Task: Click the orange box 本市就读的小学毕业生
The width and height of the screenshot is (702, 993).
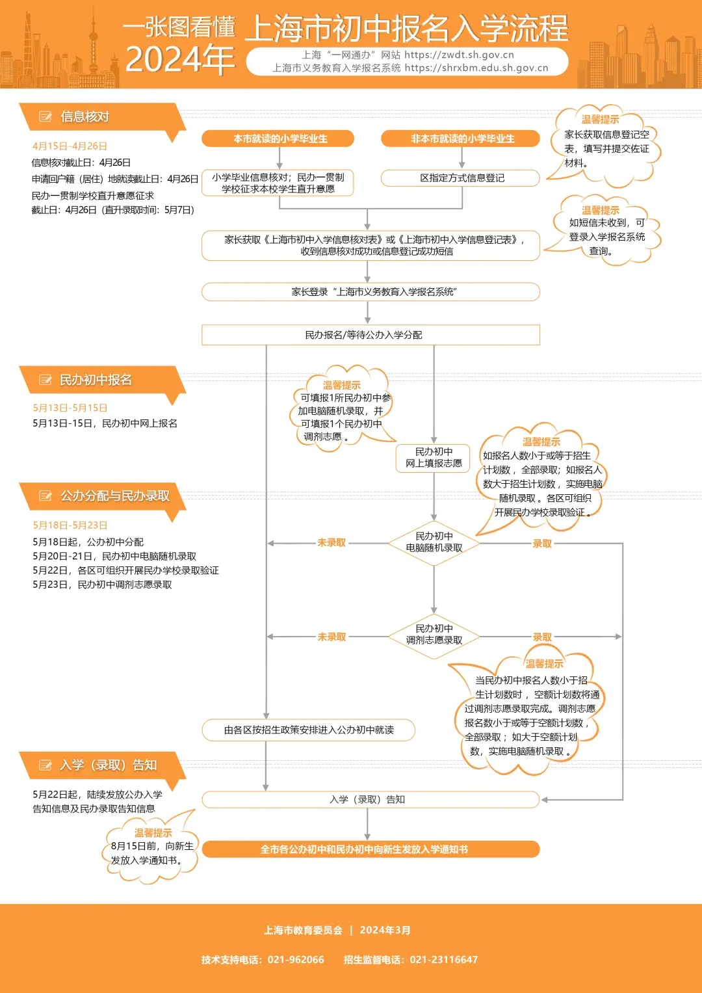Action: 280,139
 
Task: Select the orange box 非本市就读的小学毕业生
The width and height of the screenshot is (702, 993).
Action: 462,139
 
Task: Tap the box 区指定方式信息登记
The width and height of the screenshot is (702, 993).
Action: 461,178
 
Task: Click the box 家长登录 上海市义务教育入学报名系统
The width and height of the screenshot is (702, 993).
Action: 370,292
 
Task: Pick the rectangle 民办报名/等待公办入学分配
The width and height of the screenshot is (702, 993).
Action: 370,335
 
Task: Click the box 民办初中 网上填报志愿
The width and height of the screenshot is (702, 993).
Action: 434,457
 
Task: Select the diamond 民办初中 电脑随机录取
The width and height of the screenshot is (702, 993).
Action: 434,542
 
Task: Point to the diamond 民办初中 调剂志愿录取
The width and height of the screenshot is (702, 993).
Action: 434,635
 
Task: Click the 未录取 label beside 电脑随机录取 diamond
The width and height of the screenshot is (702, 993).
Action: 331,543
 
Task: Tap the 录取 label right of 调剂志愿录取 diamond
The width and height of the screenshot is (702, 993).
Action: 542,637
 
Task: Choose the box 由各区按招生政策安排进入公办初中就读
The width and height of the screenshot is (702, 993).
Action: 309,730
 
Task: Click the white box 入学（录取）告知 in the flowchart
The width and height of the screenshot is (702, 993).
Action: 370,799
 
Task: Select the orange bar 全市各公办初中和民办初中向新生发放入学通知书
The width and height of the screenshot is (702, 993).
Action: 370,849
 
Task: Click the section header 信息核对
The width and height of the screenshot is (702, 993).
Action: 84,117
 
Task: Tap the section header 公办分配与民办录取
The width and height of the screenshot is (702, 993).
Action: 114,496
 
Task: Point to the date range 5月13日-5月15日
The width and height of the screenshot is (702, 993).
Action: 70,408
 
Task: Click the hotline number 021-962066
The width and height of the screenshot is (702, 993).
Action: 296,960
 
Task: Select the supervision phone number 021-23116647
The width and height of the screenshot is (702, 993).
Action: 444,960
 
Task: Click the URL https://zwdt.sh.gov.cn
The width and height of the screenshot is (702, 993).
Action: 459,55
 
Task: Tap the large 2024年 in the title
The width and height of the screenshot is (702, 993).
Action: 180,60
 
